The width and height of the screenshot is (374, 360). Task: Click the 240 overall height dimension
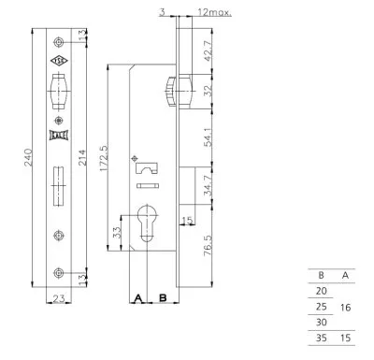pos(28,157)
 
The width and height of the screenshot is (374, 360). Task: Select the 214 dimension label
pos(81,158)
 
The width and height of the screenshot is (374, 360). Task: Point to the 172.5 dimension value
pos(104,158)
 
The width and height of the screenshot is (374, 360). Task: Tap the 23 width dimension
pos(59,298)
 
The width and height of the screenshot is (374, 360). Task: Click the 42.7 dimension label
pos(208,51)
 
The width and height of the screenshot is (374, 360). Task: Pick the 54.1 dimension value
pos(208,137)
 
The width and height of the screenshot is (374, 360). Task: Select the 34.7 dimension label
pos(208,185)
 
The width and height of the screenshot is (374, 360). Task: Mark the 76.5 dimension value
pos(208,246)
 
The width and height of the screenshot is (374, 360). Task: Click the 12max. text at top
pos(215,12)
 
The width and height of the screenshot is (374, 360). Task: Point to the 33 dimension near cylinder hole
pos(117,233)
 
